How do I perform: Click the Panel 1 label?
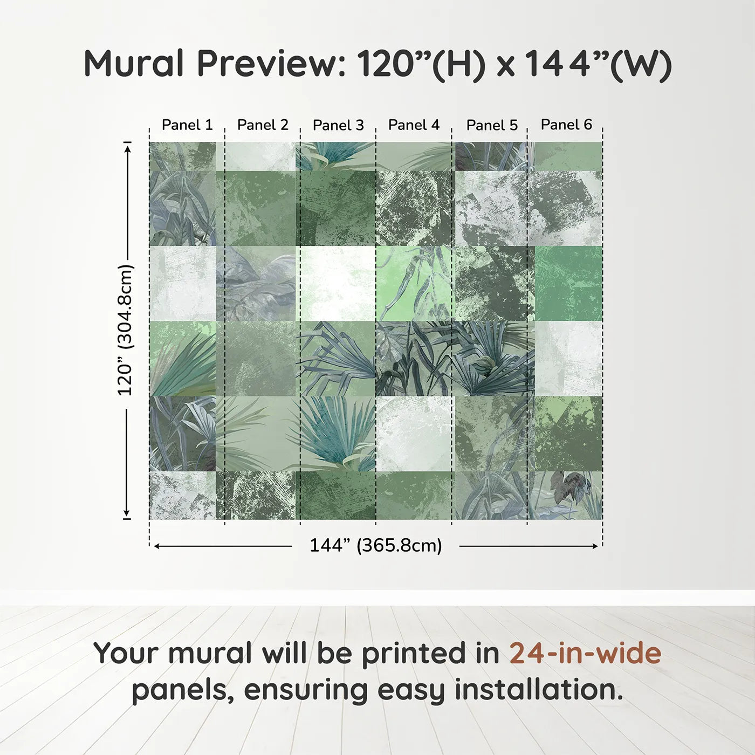point(187,125)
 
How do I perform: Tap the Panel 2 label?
point(263,125)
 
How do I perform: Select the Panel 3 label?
point(338,125)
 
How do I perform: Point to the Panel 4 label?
point(414,125)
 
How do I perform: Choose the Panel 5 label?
point(492,125)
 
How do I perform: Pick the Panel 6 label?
point(566,125)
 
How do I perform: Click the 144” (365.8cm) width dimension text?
point(376,545)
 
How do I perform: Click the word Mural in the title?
point(134,64)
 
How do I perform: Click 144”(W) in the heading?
point(598,65)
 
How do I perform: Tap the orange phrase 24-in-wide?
point(585,654)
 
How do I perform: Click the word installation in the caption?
point(539,690)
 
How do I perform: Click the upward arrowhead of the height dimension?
point(127,148)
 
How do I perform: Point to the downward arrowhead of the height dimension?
point(126,513)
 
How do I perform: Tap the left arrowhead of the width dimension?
point(157,546)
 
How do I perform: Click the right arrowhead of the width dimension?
point(594,546)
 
